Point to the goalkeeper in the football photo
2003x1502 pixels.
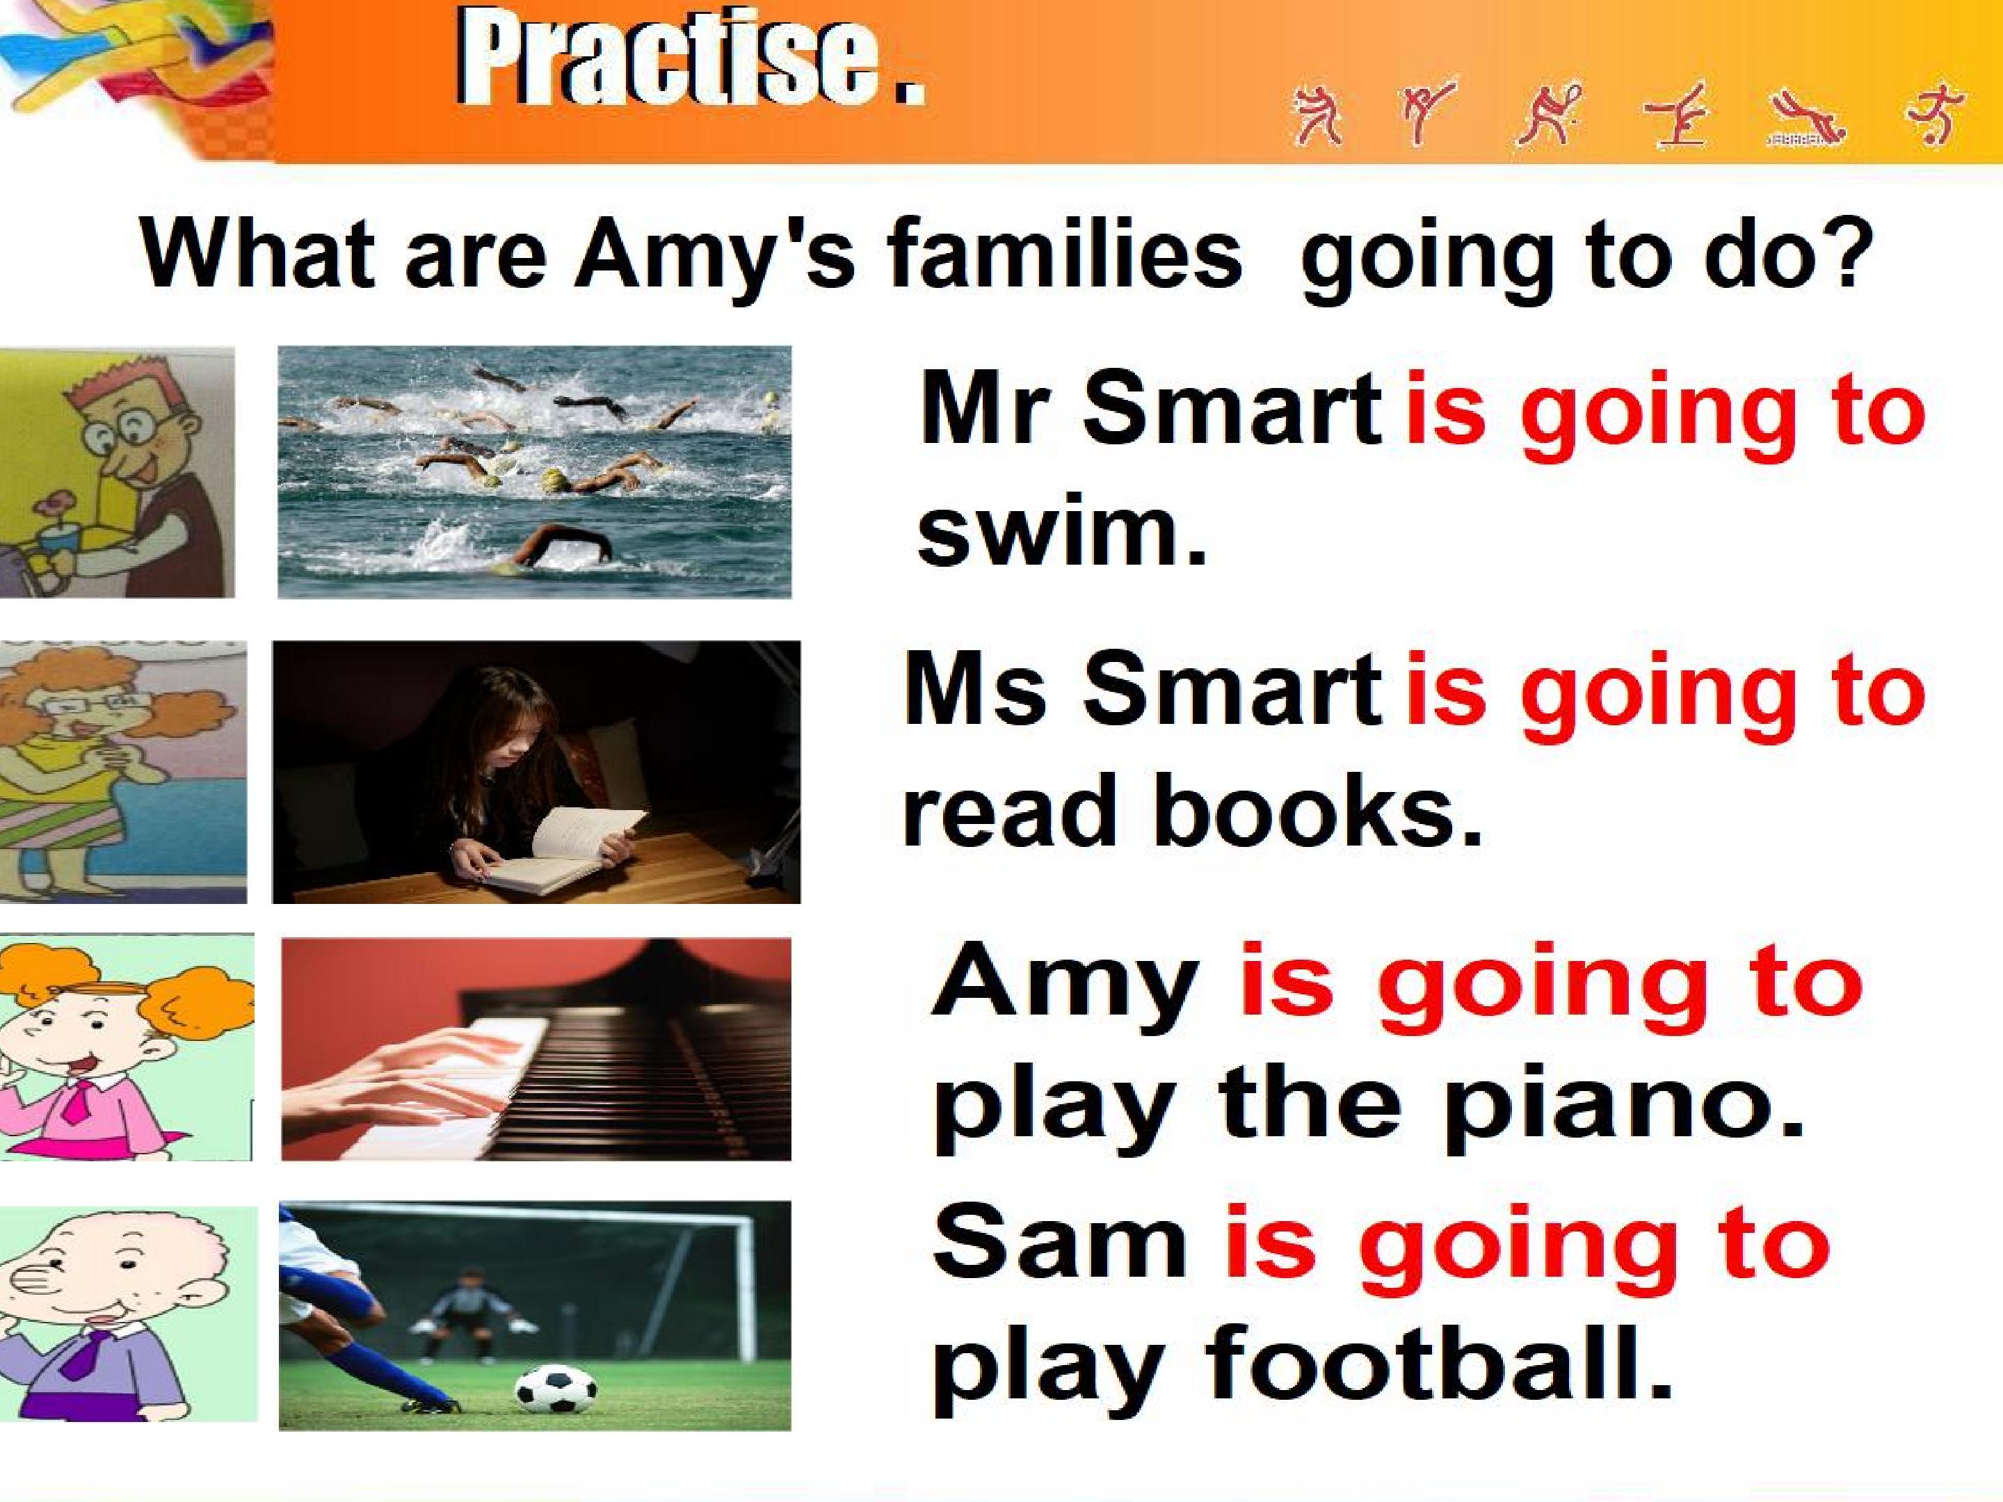(470, 1316)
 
